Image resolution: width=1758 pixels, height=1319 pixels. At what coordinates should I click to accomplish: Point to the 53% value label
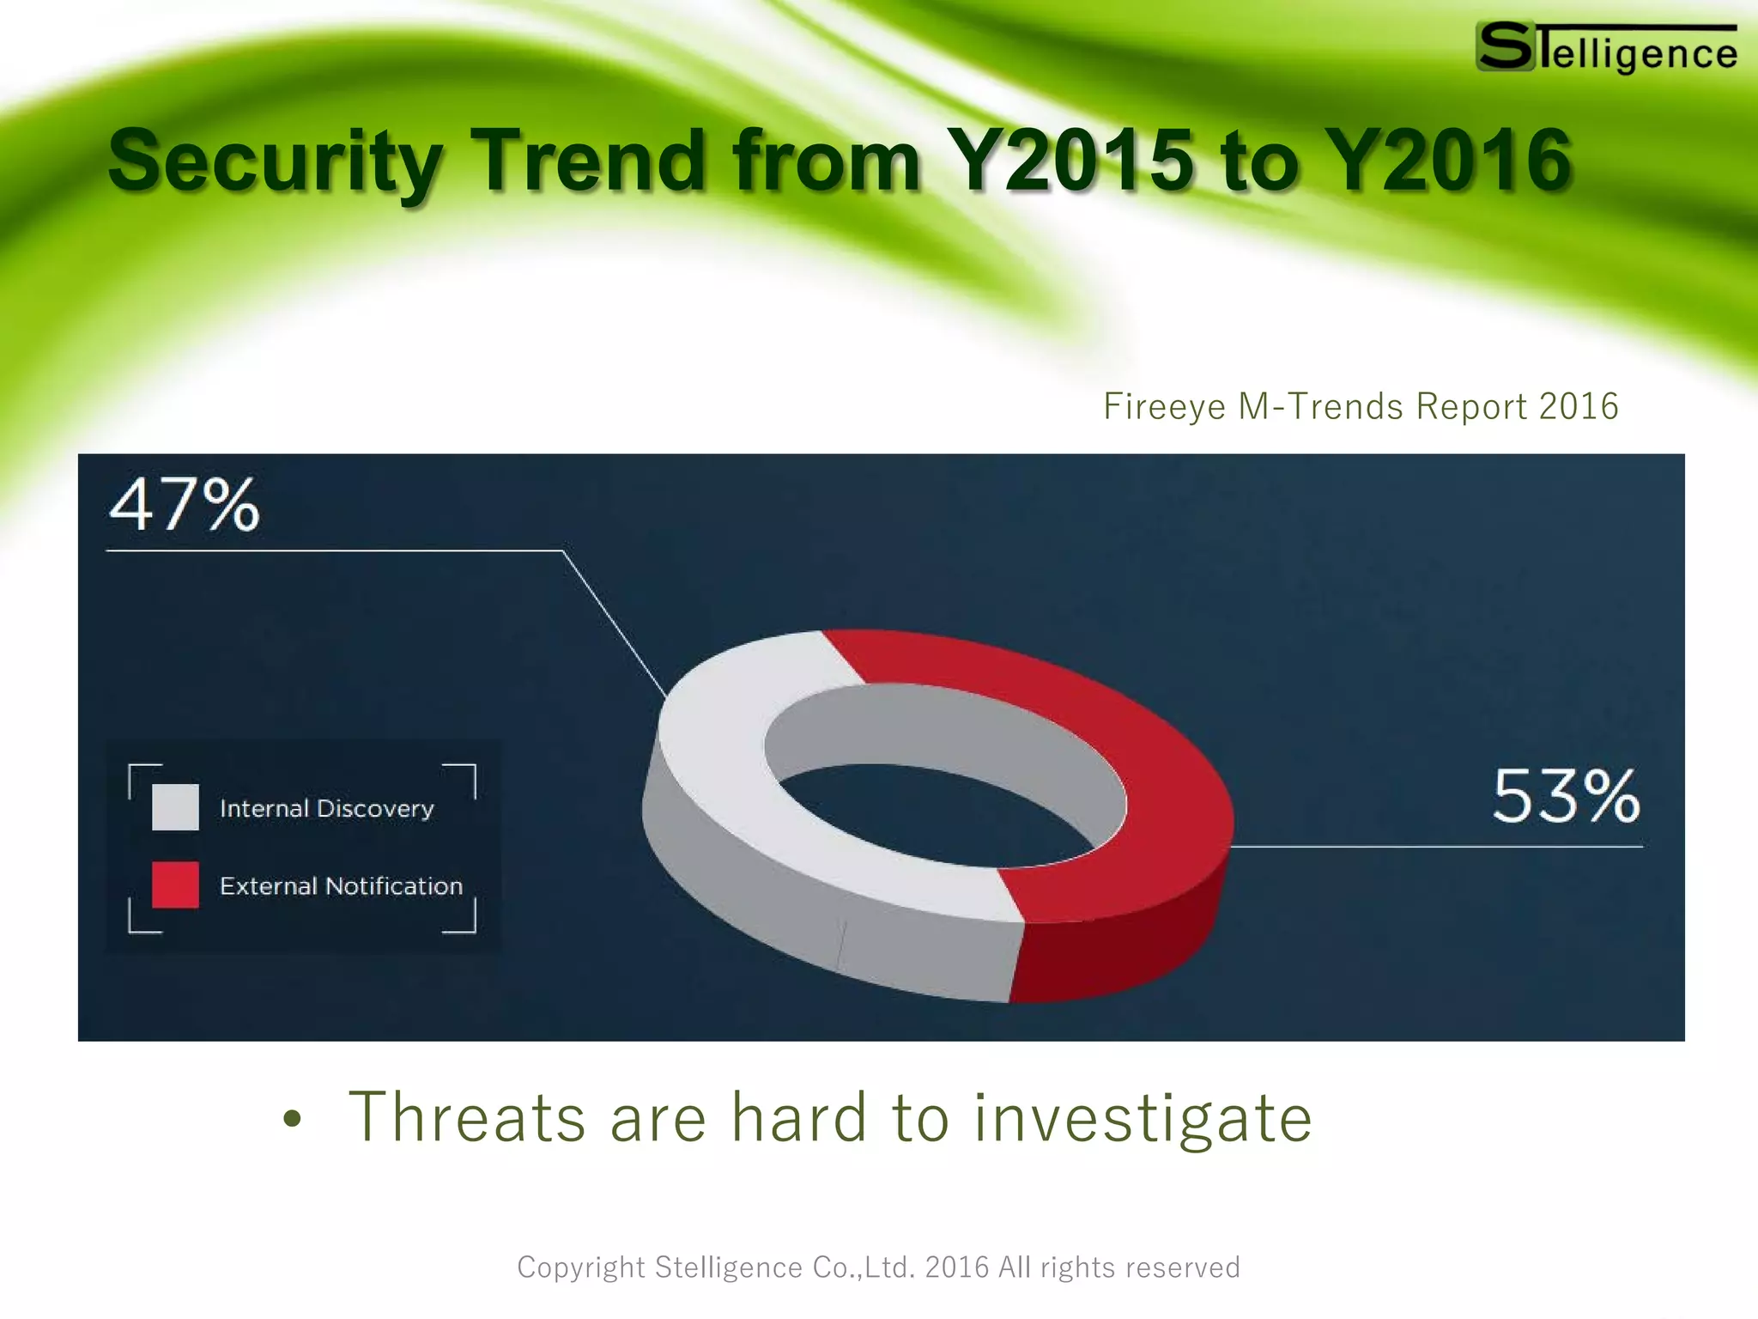pyautogui.click(x=1566, y=797)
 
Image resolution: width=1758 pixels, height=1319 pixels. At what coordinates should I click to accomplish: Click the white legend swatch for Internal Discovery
pyautogui.click(x=175, y=807)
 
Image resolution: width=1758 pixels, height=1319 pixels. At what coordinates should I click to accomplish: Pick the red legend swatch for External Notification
pyautogui.click(x=175, y=884)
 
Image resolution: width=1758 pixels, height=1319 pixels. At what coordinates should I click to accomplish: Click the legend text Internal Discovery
pyautogui.click(x=326, y=808)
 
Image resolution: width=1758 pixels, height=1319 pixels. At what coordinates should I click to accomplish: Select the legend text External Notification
pyautogui.click(x=341, y=885)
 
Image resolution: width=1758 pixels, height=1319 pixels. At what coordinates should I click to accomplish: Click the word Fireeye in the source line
pyautogui.click(x=1164, y=407)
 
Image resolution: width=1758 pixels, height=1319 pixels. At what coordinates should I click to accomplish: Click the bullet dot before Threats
pyautogui.click(x=293, y=1119)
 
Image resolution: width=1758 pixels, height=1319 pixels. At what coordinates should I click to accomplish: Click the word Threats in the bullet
pyautogui.click(x=467, y=1117)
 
